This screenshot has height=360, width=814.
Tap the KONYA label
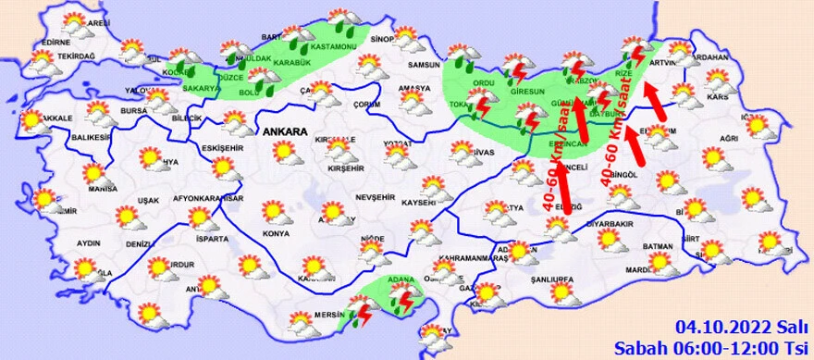[250, 233]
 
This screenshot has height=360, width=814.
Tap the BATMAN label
[658, 246]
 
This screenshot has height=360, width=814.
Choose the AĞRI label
[728, 138]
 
